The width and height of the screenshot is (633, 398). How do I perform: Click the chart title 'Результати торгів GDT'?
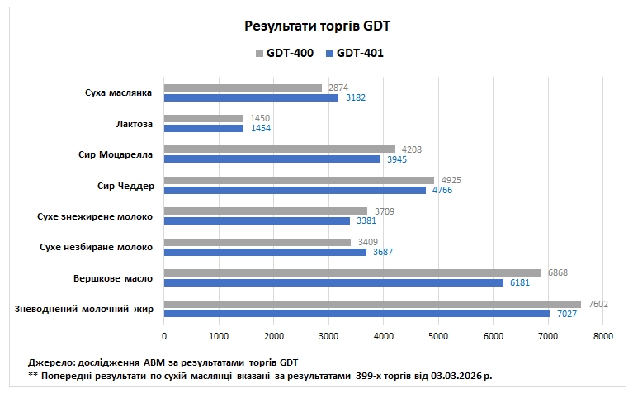317,26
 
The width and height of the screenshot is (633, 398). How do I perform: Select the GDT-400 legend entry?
285,53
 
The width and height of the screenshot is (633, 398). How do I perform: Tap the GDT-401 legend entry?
355,53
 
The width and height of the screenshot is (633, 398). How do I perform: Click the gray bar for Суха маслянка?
243,88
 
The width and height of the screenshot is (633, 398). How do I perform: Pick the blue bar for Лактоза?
204,128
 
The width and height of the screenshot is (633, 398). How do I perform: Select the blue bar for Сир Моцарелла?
272,159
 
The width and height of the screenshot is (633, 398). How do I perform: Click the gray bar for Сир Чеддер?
299,180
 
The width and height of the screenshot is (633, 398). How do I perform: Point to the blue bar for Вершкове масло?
333,282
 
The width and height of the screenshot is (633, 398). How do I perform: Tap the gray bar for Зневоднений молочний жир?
372,303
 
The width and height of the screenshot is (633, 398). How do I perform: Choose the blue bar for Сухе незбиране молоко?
265,252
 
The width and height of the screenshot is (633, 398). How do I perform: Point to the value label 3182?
356,97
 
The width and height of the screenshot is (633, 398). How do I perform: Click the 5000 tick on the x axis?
438,336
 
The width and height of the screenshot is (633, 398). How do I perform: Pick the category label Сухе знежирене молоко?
96,216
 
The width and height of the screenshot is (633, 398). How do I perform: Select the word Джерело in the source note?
51,362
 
